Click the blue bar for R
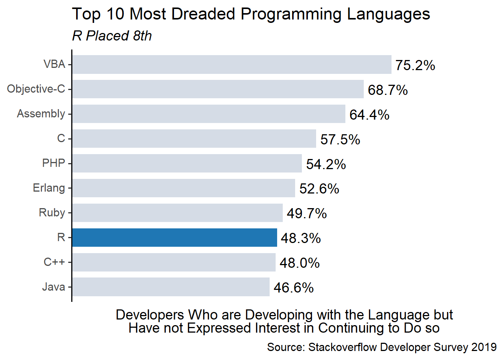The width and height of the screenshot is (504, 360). click(x=174, y=237)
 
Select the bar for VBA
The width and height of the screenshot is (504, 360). click(x=232, y=64)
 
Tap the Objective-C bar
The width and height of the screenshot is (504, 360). click(x=218, y=89)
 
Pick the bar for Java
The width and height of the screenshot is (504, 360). click(x=171, y=287)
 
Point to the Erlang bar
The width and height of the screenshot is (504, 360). click(x=183, y=188)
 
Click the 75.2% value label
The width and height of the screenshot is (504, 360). click(x=415, y=65)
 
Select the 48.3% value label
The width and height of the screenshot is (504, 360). click(x=301, y=238)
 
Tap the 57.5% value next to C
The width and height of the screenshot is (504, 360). click(x=340, y=139)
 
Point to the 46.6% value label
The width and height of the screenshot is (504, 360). click(x=294, y=288)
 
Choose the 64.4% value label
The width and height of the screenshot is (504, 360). click(x=369, y=115)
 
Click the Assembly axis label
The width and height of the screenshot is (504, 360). click(x=41, y=114)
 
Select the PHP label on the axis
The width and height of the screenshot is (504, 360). click(x=54, y=163)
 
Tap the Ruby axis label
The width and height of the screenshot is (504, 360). click(x=52, y=213)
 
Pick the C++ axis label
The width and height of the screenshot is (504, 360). click(x=54, y=262)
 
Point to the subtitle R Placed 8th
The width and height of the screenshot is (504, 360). click(x=112, y=36)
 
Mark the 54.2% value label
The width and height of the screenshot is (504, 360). click(x=326, y=164)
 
